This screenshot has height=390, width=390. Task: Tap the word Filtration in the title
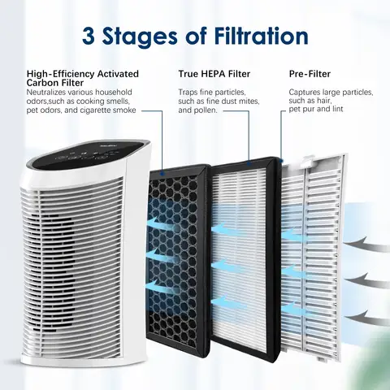256,37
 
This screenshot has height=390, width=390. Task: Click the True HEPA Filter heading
214,74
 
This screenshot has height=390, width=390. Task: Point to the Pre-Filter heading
310,74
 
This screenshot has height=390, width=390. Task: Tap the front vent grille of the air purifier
89,244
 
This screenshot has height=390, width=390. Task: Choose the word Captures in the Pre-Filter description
305,93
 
